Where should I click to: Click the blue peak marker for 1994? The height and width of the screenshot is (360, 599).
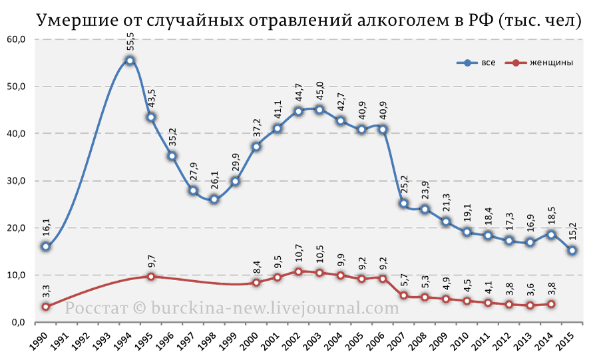pyautogui.click(x=130, y=61)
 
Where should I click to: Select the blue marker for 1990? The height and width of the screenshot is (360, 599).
pyautogui.click(x=45, y=247)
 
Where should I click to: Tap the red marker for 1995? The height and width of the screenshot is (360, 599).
pyautogui.click(x=151, y=276)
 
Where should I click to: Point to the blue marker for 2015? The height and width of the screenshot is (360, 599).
pyautogui.click(x=572, y=250)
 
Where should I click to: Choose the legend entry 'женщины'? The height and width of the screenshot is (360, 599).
pyautogui.click(x=551, y=63)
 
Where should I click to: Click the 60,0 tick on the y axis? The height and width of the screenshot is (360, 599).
pyautogui.click(x=16, y=39)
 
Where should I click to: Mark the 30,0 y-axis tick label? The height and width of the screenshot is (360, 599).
pyautogui.click(x=16, y=181)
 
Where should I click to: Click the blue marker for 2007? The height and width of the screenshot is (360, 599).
pyautogui.click(x=404, y=204)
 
